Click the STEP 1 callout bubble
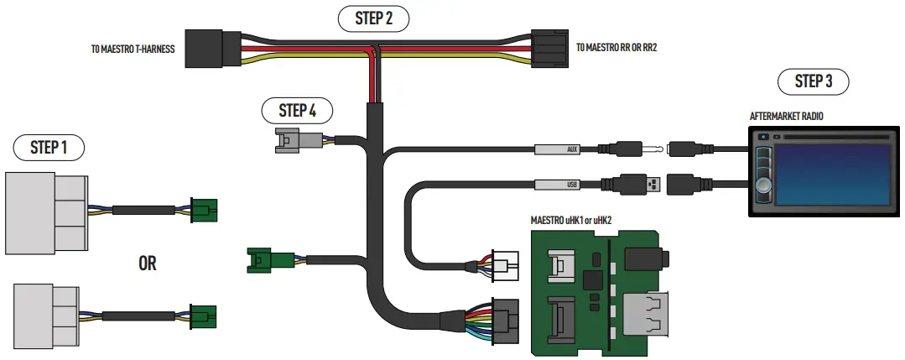coord(49,148)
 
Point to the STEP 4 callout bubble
coord(298,110)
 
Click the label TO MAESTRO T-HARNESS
coord(133,50)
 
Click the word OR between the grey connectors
coord(147,263)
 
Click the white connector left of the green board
coord(505,266)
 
